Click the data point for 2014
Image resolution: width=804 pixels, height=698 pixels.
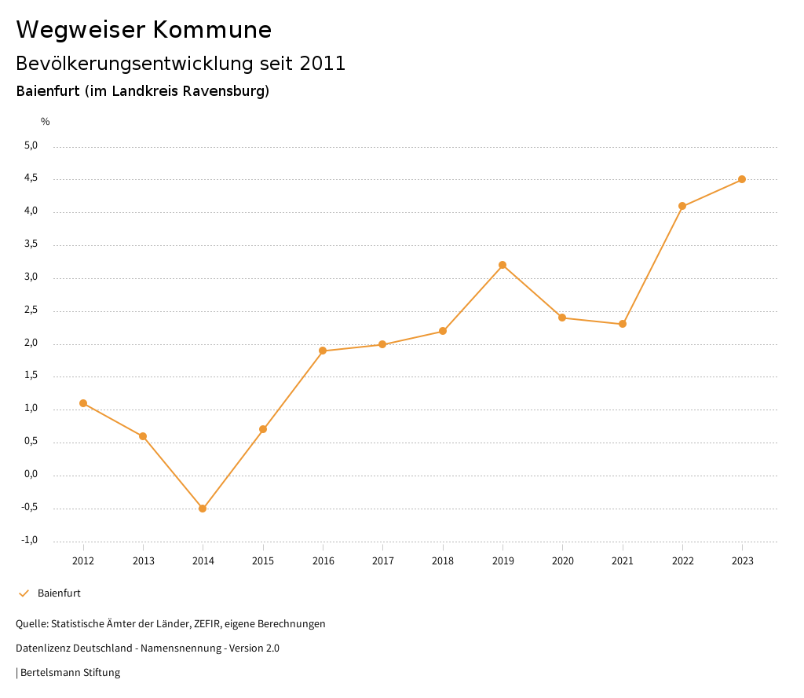(203, 509)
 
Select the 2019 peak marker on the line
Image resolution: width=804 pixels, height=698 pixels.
(502, 265)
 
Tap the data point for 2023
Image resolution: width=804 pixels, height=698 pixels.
(742, 179)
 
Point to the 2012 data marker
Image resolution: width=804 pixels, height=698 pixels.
(83, 403)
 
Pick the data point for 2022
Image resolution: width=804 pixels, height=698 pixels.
(682, 206)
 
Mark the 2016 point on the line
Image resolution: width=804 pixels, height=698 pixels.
(323, 351)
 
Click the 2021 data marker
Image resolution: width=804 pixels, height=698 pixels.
(623, 324)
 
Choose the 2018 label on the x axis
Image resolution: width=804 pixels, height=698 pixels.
(443, 560)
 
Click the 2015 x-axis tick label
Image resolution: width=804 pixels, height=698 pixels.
(263, 560)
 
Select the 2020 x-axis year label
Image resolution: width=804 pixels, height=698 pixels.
(563, 560)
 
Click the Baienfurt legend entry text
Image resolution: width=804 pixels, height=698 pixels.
(59, 593)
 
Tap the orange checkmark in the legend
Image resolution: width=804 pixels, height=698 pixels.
(24, 593)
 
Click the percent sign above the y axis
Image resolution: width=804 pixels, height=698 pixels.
(46, 121)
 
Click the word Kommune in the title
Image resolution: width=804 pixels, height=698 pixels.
(212, 30)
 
